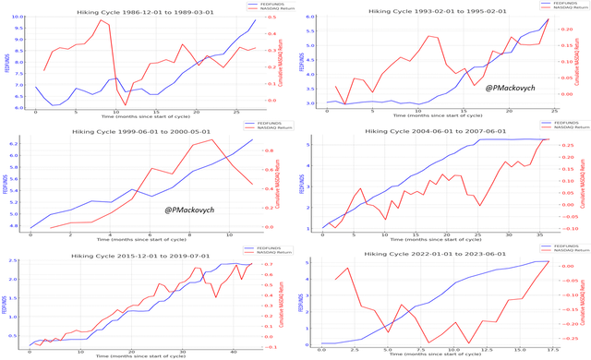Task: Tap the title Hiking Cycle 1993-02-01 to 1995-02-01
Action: click(x=435, y=6)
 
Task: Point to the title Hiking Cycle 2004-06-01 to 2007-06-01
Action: click(x=435, y=131)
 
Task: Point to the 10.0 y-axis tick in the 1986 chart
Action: click(x=20, y=16)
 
